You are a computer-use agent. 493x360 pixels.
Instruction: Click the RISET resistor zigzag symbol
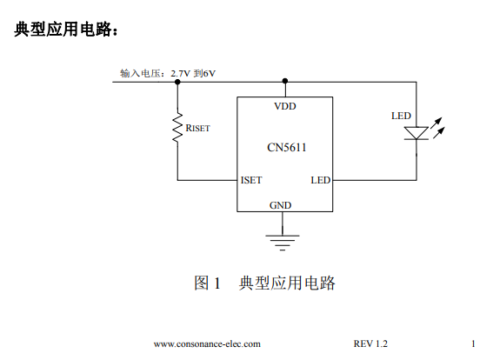coord(177,128)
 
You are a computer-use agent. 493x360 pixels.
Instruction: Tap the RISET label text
coord(197,128)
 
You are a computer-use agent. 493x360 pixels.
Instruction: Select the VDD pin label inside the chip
coord(285,106)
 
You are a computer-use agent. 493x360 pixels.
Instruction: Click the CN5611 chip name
coord(286,148)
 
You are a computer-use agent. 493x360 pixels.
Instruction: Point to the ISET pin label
coord(251,180)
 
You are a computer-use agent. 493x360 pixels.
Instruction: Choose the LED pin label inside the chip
coord(321,180)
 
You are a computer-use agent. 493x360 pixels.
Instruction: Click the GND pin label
coord(281,205)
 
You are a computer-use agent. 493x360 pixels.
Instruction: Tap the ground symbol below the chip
coord(283,243)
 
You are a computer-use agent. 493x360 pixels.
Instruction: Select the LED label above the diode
coord(401,116)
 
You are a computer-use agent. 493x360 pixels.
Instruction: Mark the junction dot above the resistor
coord(177,82)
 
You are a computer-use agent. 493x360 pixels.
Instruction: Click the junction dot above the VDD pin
coord(285,81)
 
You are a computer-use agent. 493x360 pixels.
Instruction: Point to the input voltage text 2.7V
coord(181,74)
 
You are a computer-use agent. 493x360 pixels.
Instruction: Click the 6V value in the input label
coord(210,74)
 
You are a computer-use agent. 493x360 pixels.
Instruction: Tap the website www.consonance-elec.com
coord(207,344)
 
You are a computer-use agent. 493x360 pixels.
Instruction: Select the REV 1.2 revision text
coord(370,343)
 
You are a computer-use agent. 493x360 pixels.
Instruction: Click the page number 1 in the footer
coord(473,343)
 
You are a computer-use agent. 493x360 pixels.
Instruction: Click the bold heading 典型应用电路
coord(63,30)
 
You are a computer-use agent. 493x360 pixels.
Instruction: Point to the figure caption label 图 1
coord(207,283)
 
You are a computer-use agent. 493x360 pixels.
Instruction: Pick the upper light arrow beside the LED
coord(436,123)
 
